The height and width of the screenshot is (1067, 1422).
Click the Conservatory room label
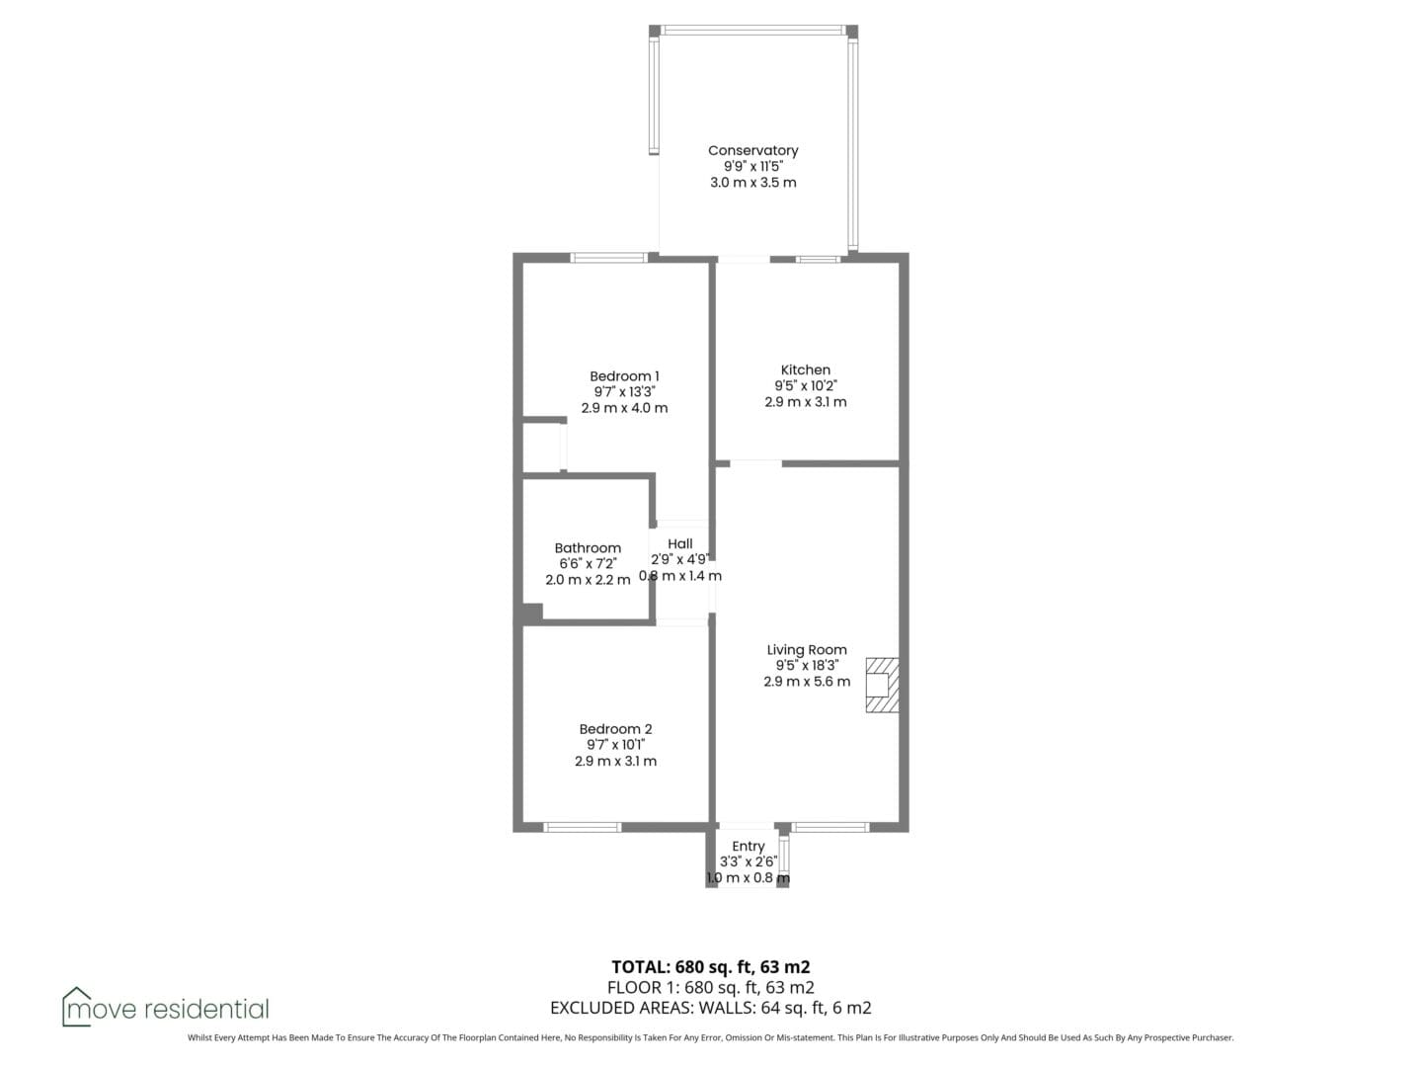point(752,150)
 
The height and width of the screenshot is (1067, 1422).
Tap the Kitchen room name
point(805,369)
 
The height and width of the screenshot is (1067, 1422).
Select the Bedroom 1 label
point(624,376)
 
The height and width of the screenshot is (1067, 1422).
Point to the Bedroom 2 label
point(615,729)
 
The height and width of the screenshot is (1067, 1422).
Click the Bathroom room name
point(588,548)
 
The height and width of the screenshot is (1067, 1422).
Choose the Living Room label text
point(807,650)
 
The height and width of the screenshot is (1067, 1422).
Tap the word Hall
point(680,544)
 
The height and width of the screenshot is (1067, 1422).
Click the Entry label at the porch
point(749,846)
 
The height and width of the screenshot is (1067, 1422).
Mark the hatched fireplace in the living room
point(883,686)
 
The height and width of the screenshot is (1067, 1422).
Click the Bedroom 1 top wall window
point(609,258)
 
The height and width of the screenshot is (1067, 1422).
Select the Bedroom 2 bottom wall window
point(582,827)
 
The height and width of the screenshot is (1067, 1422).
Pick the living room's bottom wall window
point(829,827)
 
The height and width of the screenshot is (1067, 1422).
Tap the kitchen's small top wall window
point(818,259)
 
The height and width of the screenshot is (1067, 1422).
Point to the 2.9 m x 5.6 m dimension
point(807,682)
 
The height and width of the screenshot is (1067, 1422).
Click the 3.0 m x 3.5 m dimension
point(752,183)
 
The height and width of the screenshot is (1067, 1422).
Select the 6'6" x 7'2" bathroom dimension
point(588,563)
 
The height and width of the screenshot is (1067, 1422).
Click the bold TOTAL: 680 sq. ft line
point(711,967)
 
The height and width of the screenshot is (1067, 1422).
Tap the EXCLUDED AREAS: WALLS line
point(711,1008)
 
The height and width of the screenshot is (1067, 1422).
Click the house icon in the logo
point(76,1007)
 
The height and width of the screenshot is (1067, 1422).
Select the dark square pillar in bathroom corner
point(532,614)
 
